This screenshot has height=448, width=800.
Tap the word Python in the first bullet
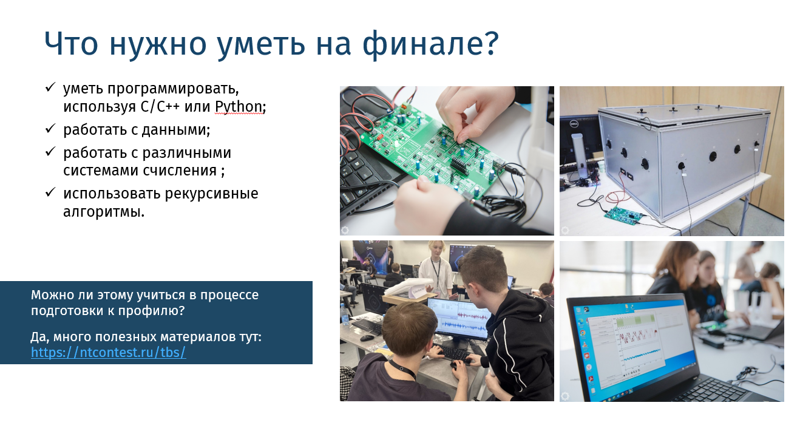(238, 106)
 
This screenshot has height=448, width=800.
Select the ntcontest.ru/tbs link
(108, 352)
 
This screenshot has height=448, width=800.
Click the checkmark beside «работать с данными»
(50, 128)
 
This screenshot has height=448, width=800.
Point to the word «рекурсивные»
(211, 193)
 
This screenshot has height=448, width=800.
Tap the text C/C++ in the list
(160, 106)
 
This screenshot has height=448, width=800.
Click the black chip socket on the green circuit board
(459, 165)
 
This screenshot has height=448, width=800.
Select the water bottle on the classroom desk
(344, 314)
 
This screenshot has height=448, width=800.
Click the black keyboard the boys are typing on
(452, 353)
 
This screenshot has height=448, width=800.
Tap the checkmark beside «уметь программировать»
(50, 87)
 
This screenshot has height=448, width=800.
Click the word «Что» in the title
(71, 44)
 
